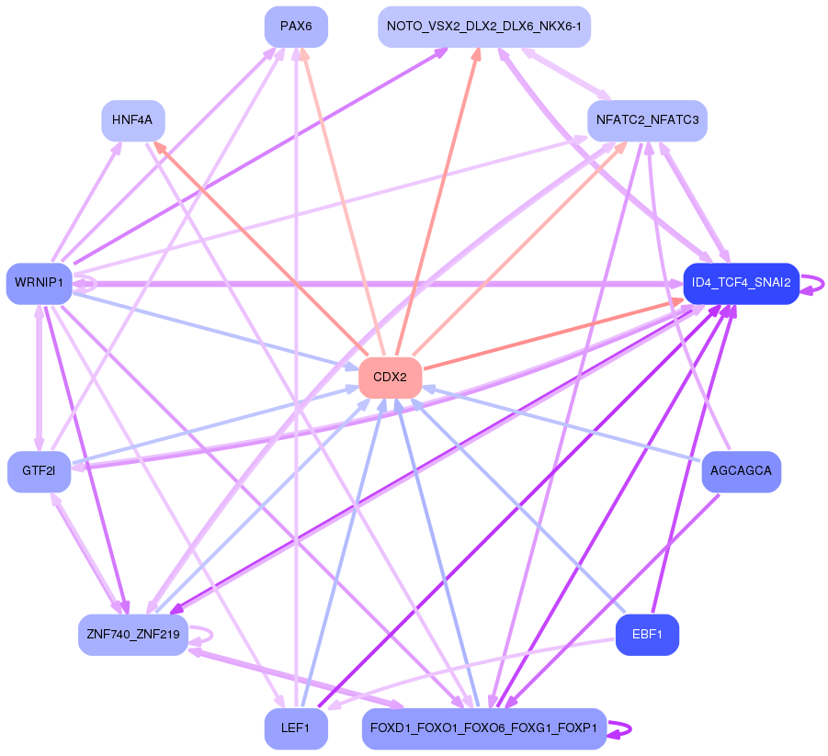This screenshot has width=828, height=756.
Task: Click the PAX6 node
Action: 296,27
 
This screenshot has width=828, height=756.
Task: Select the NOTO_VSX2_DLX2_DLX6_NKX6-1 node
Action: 484,27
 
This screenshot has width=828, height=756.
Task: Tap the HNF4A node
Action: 133,121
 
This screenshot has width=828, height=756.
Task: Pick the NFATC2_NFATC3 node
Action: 647,121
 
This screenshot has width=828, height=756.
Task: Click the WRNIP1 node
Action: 40,284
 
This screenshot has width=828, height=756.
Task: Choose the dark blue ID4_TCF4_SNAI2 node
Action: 742,284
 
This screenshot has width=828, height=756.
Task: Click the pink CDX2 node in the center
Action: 391,378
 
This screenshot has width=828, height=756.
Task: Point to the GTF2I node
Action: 40,471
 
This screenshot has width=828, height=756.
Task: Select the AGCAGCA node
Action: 742,471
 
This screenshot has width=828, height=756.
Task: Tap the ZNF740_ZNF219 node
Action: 133,635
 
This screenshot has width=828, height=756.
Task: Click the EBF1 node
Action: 647,635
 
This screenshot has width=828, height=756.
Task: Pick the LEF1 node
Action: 296,728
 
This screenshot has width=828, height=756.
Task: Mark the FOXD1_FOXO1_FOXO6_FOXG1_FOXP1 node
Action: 484,728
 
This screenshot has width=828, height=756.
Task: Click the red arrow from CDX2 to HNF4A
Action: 260,249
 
